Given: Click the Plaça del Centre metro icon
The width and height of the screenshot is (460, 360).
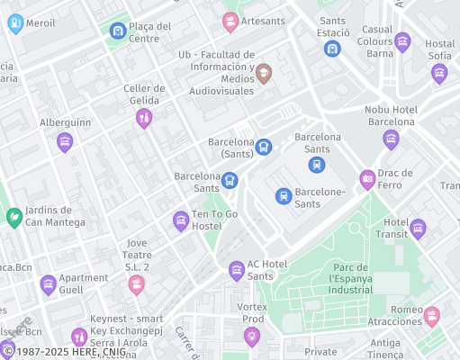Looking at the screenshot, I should coord(117,31).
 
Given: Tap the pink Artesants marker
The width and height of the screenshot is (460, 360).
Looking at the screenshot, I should coord(230,21).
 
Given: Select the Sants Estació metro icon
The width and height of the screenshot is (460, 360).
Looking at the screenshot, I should coord(333,49).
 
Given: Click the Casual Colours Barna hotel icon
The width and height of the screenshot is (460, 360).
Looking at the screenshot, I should coord(402,40).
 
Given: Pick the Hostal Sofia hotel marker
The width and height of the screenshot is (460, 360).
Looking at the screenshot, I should coord(439,73).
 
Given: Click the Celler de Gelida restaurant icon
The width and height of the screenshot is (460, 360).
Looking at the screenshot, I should coord(143,118).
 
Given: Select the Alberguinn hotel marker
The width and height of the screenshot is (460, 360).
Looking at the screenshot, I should coord(65,141).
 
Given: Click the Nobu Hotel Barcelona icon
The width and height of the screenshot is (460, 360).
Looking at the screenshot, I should coord(391,139).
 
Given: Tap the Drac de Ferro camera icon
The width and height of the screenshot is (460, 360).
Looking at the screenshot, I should coord(367,179).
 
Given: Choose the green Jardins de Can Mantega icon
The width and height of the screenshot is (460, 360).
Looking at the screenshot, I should coord(14,217).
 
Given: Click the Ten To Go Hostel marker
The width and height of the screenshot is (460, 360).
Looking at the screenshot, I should coord(181,220).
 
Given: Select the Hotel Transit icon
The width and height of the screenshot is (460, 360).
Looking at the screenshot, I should coord(418,229).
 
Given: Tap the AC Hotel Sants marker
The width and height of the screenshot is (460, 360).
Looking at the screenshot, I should coord(237,270).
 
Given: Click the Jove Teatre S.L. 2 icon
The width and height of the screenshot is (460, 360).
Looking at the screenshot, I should coord(136,284).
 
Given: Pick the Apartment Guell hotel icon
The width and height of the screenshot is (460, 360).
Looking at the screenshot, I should coord(48,286).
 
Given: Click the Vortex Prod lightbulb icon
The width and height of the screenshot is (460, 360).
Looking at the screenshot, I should coord(252,337).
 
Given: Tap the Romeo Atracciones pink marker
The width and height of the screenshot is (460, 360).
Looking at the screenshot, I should coord(432,316).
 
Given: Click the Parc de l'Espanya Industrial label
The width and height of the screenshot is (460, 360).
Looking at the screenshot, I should coord(338,279).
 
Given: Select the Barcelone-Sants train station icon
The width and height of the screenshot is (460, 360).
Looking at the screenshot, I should coord(284,195).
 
